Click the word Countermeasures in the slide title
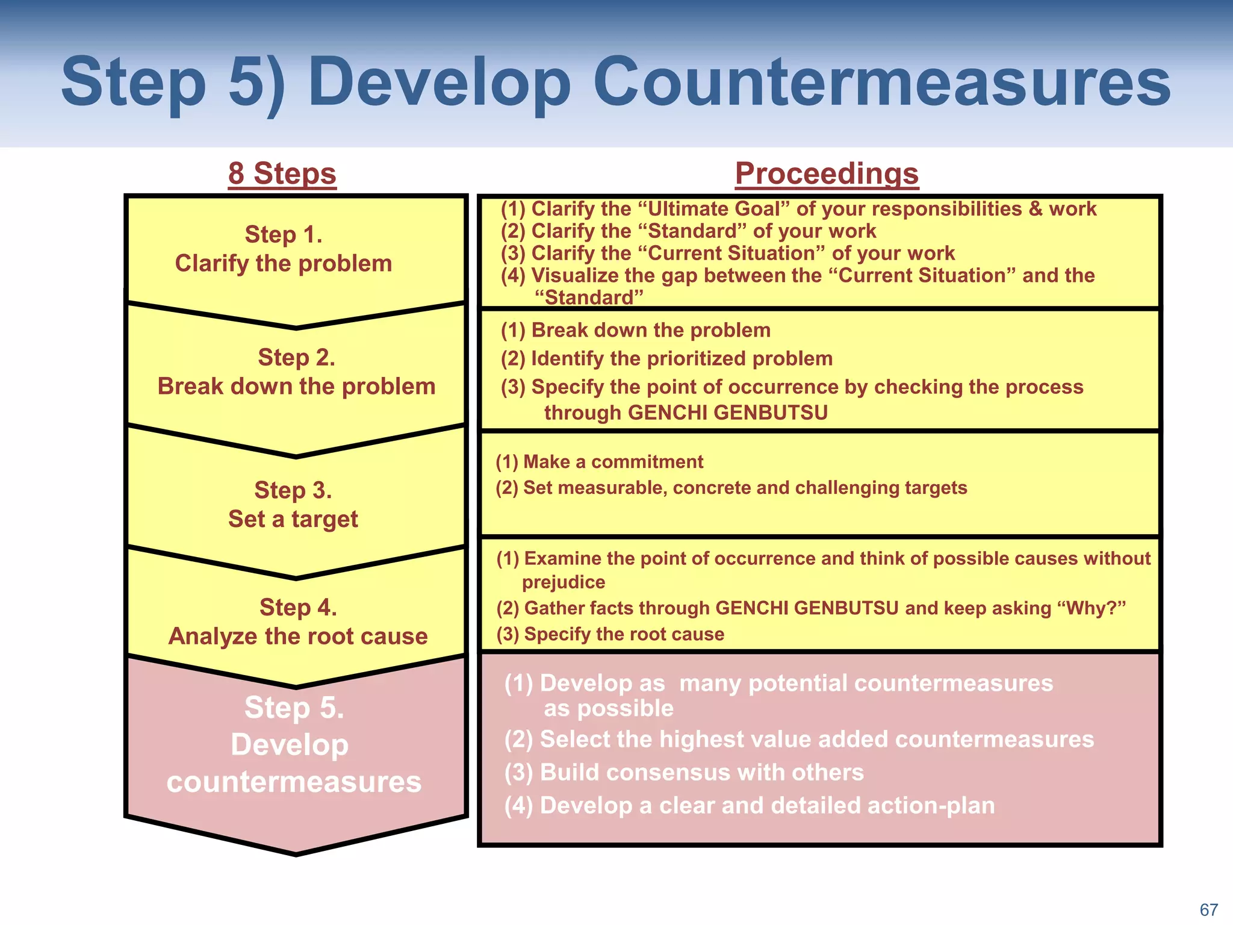click(881, 82)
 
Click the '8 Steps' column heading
click(282, 173)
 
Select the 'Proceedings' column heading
click(827, 173)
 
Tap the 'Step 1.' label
click(284, 234)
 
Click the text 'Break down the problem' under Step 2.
click(296, 386)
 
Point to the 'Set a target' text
click(293, 519)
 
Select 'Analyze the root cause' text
click(298, 636)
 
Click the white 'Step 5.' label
click(294, 708)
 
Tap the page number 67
click(1208, 909)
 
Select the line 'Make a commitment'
click(599, 462)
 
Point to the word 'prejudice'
click(564, 582)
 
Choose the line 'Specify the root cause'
click(610, 634)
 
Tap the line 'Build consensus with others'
click(684, 772)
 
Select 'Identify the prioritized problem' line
click(666, 359)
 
